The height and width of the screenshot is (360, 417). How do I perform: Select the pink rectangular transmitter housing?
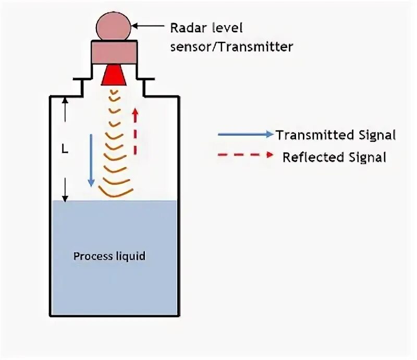click(x=114, y=52)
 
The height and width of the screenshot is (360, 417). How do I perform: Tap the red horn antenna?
click(x=114, y=76)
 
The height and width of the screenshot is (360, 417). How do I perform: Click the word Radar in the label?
click(x=186, y=28)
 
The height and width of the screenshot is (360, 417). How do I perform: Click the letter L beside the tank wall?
click(x=65, y=149)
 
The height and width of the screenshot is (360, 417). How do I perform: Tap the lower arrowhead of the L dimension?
click(x=65, y=197)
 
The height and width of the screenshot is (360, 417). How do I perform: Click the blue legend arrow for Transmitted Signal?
click(x=246, y=134)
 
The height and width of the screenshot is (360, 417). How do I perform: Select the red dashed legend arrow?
click(x=246, y=155)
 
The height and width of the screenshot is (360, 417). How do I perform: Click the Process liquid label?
click(x=109, y=256)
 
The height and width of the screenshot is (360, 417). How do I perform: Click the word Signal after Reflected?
click(x=367, y=157)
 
